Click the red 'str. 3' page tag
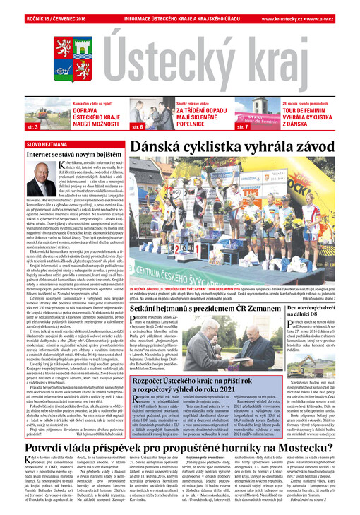pos(32,127)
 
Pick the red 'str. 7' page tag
pos(244,127)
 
